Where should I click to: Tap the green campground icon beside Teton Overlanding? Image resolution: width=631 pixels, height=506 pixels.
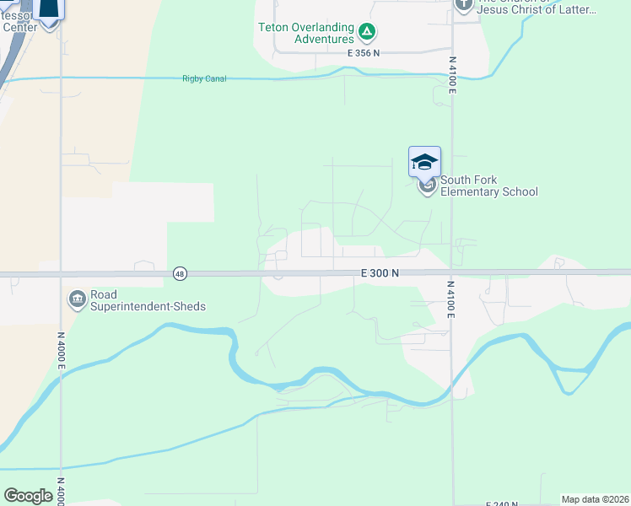click(x=367, y=33)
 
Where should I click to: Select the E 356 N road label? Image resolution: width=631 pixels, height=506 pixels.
click(x=364, y=53)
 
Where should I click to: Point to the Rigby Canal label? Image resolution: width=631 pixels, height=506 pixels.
click(x=200, y=79)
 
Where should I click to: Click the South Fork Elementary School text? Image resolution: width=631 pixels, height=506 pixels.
click(x=488, y=191)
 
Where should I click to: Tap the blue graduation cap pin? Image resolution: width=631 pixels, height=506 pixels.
click(x=424, y=162)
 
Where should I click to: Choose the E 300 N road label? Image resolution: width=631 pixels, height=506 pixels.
click(x=379, y=273)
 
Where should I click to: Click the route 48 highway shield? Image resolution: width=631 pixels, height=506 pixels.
click(x=180, y=273)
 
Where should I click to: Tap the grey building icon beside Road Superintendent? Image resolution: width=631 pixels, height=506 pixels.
click(x=77, y=299)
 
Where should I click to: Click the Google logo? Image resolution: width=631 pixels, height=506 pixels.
click(x=29, y=496)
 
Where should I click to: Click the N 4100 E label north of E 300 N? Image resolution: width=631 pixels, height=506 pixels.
click(x=452, y=75)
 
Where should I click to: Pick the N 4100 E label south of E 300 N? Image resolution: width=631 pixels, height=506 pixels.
click(x=452, y=299)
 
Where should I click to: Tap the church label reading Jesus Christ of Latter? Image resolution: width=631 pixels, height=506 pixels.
click(x=537, y=10)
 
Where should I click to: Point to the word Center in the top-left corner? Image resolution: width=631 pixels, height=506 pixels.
click(x=20, y=27)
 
